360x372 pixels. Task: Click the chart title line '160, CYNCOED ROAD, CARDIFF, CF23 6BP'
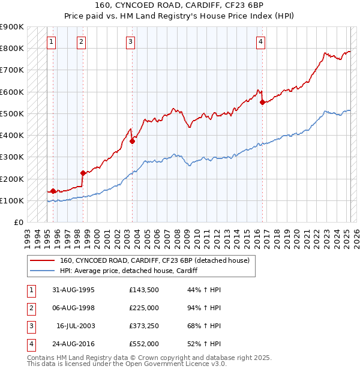click(180, 6)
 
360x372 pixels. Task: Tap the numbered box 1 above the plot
click(52, 41)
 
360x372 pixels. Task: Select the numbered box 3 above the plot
click(130, 41)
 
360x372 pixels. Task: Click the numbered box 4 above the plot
click(261, 41)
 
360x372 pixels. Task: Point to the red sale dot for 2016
click(262, 102)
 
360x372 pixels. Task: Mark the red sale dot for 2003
click(132, 141)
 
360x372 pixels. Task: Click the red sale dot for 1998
click(83, 173)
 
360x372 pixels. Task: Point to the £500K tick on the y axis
click(13, 113)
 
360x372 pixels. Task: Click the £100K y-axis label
click(13, 200)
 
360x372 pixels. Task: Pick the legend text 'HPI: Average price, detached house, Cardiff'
click(129, 271)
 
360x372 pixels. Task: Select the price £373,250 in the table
click(145, 326)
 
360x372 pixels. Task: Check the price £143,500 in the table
click(145, 290)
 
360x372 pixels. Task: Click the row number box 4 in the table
click(30, 344)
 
